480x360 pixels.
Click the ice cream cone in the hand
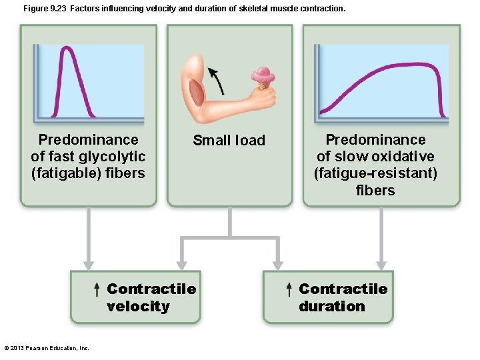coord(263,77)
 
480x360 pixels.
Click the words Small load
coord(229,141)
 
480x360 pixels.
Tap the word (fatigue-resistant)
coord(375,173)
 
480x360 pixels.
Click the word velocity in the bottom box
coord(138,306)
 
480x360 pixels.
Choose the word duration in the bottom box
coord(331,306)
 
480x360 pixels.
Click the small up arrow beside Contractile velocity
coord(97,289)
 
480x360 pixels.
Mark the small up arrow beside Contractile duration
coord(289,289)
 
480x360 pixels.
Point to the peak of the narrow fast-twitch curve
coord(66,49)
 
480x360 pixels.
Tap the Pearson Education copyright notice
coord(47,347)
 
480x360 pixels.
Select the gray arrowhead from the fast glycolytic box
coord(87,265)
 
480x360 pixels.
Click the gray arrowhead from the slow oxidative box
coord(381,265)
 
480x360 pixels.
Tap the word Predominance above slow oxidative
coord(375,139)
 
